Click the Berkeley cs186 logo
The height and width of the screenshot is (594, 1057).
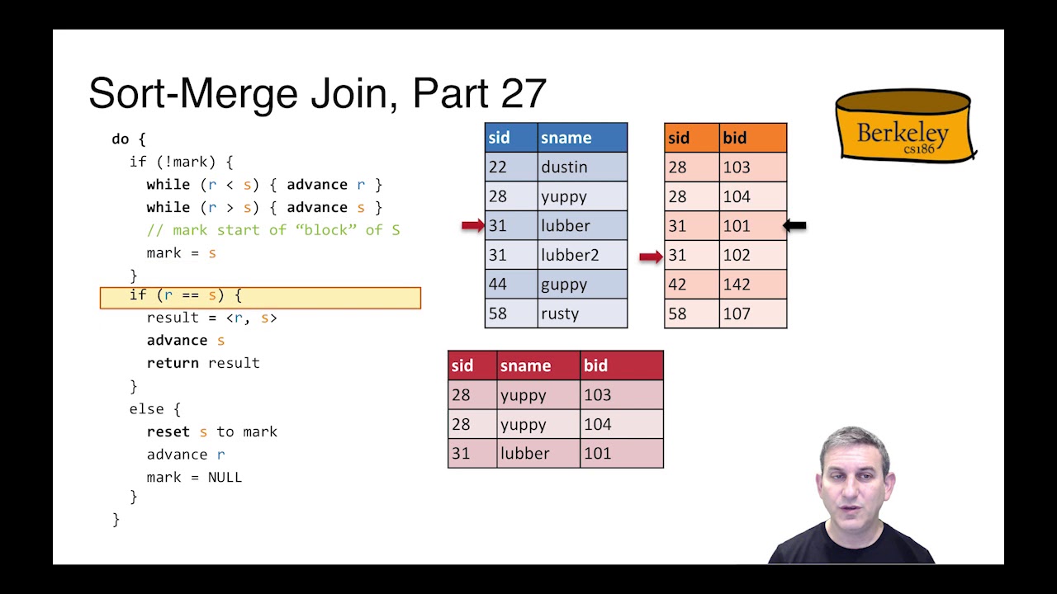(x=905, y=125)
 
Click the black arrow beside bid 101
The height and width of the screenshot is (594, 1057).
(x=794, y=225)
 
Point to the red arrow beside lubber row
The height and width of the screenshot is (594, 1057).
(x=473, y=225)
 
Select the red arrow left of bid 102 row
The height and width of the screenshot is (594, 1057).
(x=651, y=257)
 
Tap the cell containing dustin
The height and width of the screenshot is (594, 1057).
(x=581, y=167)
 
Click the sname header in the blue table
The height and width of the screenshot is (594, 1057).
(x=581, y=138)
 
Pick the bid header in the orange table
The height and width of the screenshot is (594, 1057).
(x=752, y=138)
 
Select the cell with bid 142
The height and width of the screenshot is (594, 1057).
(x=752, y=285)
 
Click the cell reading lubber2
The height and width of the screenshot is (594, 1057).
(x=581, y=255)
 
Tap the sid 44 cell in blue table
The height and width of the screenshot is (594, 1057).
(x=510, y=285)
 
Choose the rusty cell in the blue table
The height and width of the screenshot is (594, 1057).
(x=581, y=313)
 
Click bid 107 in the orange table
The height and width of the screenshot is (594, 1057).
(x=752, y=313)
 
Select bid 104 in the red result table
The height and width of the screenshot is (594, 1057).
(x=620, y=424)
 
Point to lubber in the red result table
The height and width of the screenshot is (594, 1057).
(x=538, y=453)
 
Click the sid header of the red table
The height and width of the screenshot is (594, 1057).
(x=472, y=365)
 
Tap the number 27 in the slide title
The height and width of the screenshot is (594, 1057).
(x=524, y=94)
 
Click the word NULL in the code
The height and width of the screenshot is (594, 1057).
(x=225, y=477)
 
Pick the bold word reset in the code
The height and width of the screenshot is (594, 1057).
(x=168, y=431)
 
